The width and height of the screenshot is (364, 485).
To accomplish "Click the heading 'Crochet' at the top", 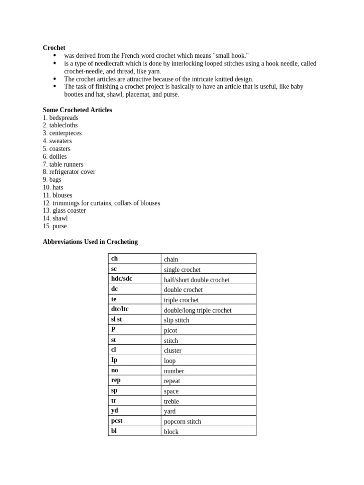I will click(54, 48).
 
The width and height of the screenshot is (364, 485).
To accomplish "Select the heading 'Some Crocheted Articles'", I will click(77, 110).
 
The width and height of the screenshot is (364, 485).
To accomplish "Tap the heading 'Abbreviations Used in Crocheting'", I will click(90, 242).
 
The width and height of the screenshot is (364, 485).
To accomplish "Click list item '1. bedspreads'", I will click(60, 118).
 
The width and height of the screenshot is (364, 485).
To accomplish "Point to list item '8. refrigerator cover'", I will click(69, 172).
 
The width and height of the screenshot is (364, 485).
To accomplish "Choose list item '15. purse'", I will click(55, 226).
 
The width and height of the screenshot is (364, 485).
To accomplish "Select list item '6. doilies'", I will click(55, 157).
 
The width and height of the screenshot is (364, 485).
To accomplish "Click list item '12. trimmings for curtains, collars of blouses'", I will click(101, 203).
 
